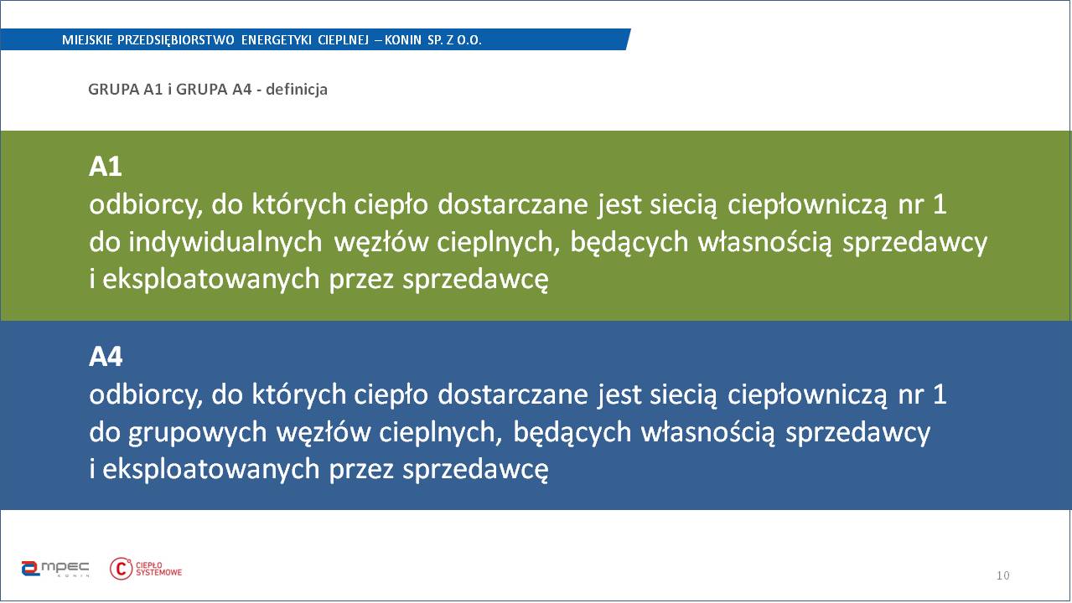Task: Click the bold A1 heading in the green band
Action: coord(106,167)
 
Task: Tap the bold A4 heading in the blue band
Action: coord(106,356)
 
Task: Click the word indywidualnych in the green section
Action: coord(225,242)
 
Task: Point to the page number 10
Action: coord(1002,575)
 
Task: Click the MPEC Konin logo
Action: coord(55,569)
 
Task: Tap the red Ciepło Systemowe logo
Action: coord(146,569)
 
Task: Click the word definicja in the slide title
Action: coord(296,90)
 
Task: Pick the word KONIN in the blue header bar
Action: coord(403,39)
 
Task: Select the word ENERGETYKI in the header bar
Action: coord(276,39)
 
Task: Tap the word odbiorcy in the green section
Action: coord(146,204)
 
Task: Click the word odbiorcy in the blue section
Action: coord(146,395)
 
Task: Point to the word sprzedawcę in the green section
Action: coord(475,280)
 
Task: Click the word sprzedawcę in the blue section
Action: coord(475,470)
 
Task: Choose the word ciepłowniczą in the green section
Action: coord(807,205)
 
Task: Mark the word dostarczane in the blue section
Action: coord(513,394)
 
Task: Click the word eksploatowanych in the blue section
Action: coord(211,470)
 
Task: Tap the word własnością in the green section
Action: coord(764,242)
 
